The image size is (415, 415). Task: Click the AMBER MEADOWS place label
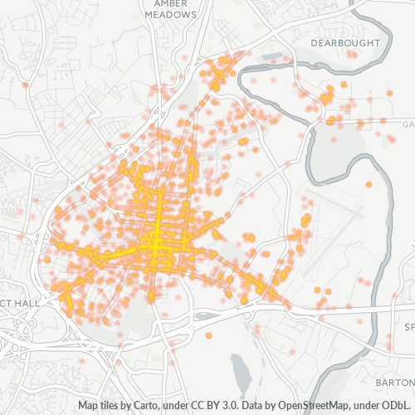(x=170, y=9)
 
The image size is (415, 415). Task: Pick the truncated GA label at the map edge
(x=408, y=124)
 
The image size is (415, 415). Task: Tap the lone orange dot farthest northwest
(x=27, y=85)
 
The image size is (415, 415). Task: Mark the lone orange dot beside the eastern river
(x=369, y=184)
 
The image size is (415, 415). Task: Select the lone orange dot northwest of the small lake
(x=208, y=335)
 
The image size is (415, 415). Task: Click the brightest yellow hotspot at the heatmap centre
(x=156, y=242)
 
